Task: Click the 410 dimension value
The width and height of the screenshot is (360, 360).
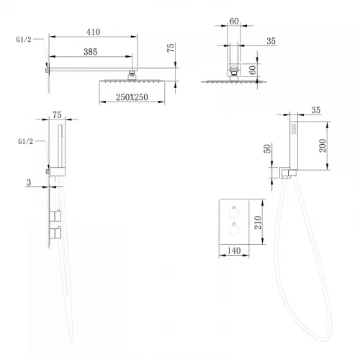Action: coord(93,32)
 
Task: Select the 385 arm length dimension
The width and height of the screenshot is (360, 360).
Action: coord(91,52)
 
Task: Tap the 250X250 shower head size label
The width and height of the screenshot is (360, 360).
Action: coord(132,97)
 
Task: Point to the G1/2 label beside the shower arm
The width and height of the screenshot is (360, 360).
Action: coord(24,40)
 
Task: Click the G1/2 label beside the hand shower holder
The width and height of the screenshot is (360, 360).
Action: coord(25,141)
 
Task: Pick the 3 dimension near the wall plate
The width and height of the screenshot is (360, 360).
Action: coord(29,182)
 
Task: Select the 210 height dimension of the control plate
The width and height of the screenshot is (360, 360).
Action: coord(258,222)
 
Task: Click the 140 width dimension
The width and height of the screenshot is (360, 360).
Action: coord(234,251)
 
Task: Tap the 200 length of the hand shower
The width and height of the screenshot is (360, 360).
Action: coord(323,145)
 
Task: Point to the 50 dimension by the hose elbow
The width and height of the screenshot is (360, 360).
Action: coord(267,148)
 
